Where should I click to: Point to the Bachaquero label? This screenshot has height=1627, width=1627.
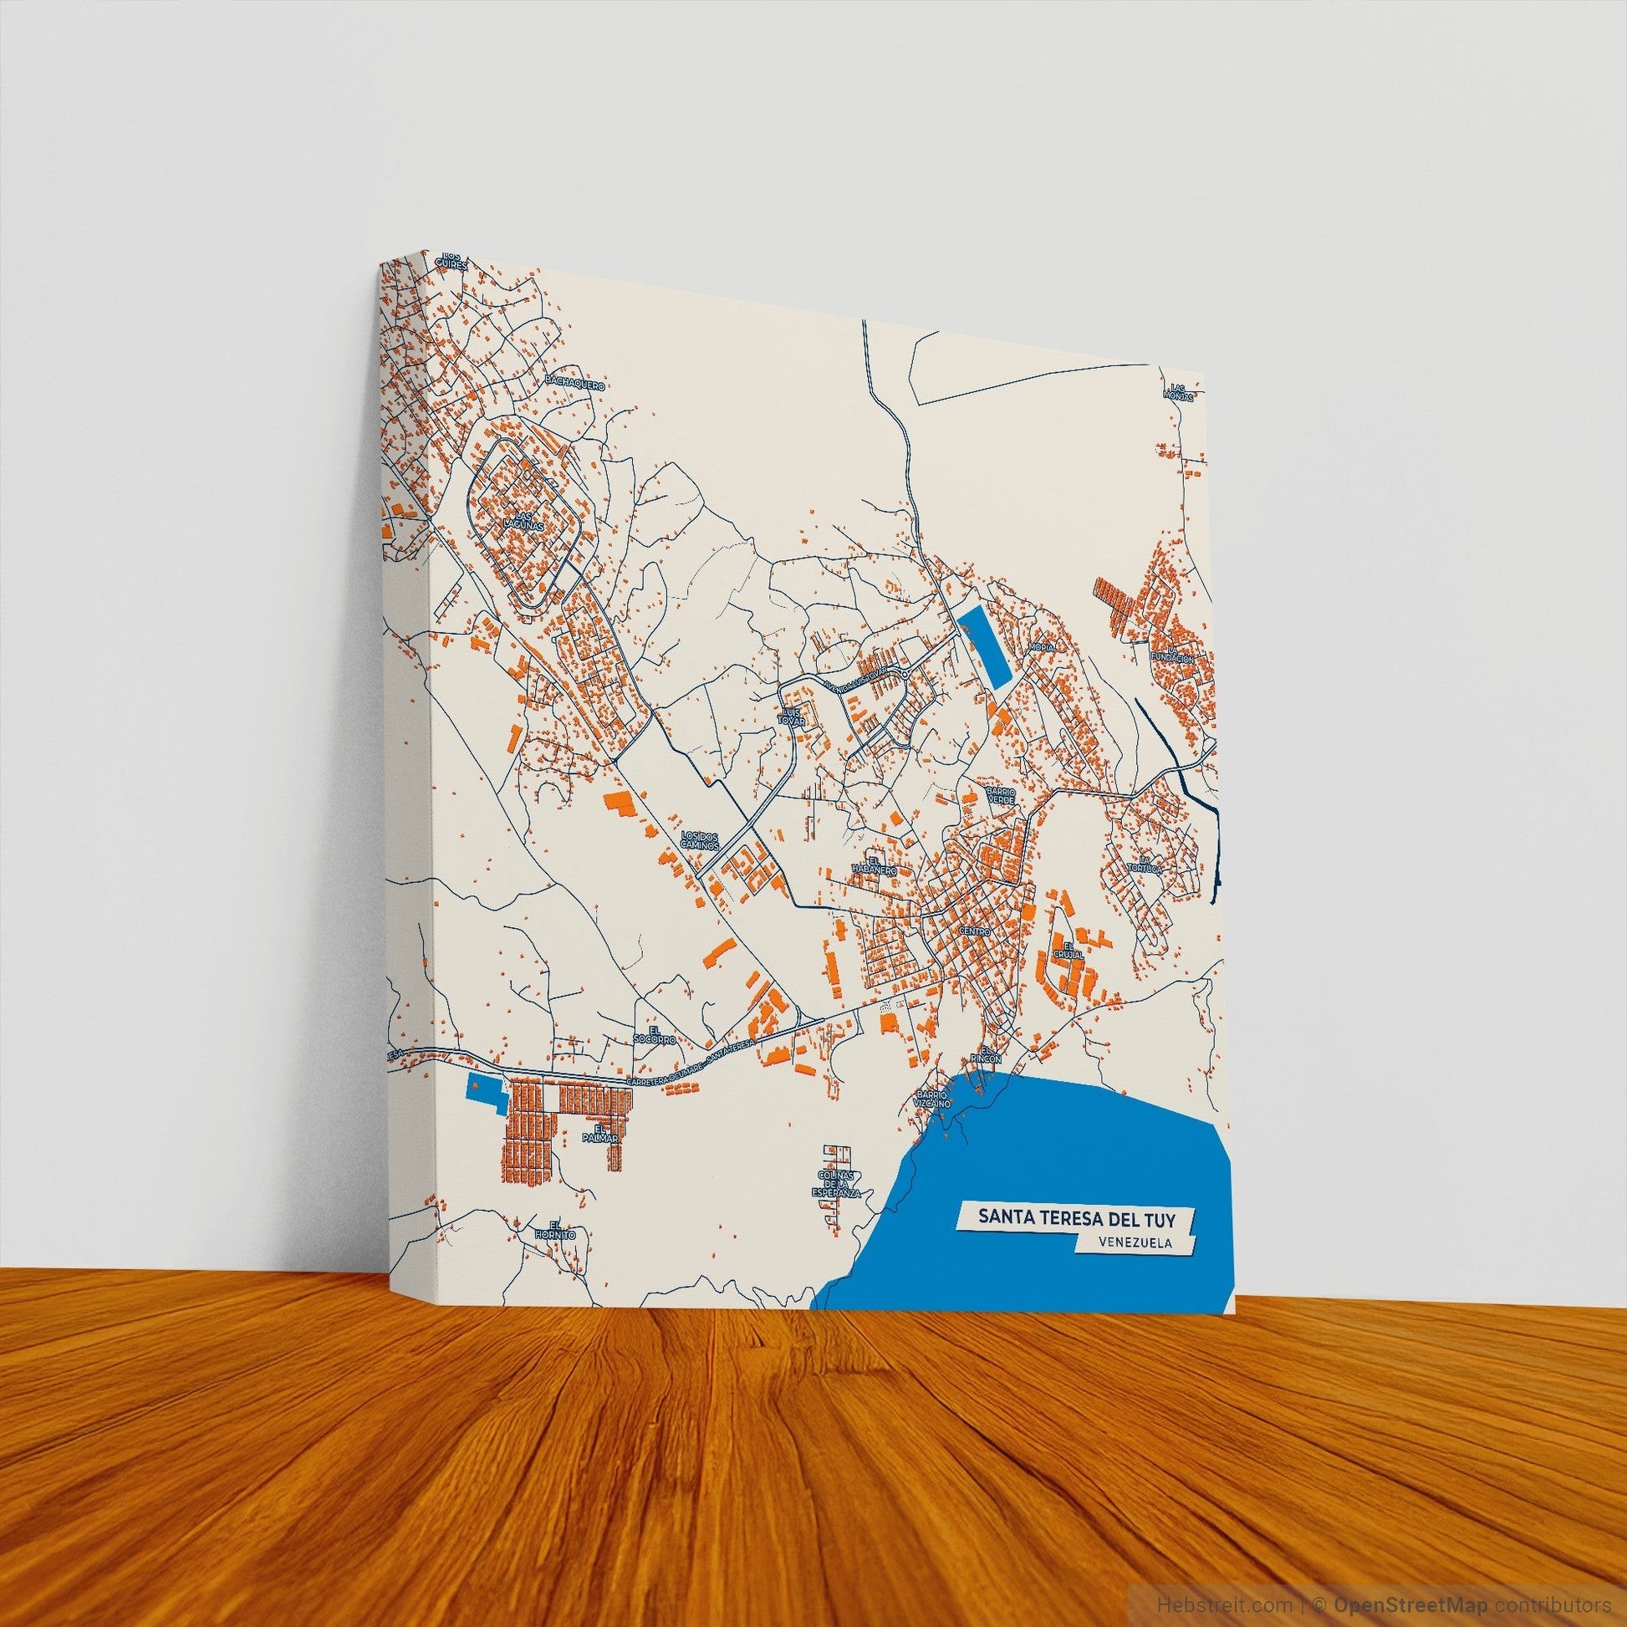[x=576, y=383]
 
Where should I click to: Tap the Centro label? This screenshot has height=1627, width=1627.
[x=976, y=932]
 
